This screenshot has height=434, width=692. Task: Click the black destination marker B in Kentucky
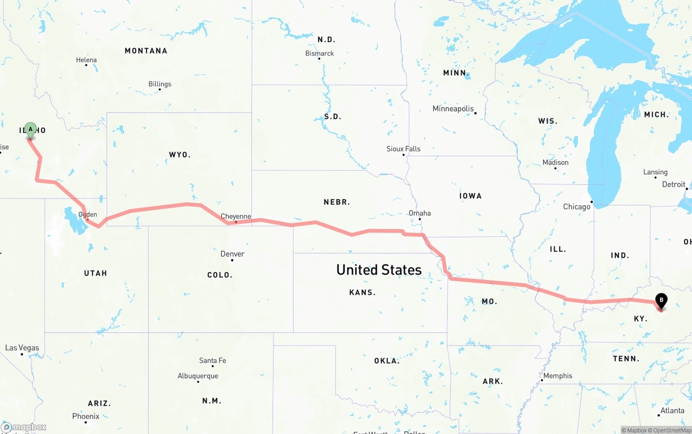coord(661,301)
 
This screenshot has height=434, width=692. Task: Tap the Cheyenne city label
coord(236,216)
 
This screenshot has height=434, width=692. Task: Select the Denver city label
coord(232,254)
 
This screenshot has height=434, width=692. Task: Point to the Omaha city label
coord(420,213)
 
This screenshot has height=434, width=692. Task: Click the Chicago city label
coord(577,206)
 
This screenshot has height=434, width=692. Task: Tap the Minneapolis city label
coord(453,109)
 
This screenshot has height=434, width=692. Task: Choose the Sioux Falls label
coord(403,149)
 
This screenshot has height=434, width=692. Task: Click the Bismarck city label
coord(320,54)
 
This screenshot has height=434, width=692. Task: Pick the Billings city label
coord(159,84)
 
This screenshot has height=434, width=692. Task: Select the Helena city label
coord(86,60)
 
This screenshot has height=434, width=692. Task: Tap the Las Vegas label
coord(22,348)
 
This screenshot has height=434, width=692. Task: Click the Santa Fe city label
coord(212,360)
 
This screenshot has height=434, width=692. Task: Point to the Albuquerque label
coord(198,376)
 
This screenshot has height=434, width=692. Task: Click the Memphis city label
coord(558,376)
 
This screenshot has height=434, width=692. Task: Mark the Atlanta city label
coord(672,411)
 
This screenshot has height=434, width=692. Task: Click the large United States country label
coord(378,270)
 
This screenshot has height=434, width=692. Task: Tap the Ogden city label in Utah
coord(88,215)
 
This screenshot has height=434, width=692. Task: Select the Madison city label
coord(555,162)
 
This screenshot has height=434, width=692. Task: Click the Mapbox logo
coord(24,428)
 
